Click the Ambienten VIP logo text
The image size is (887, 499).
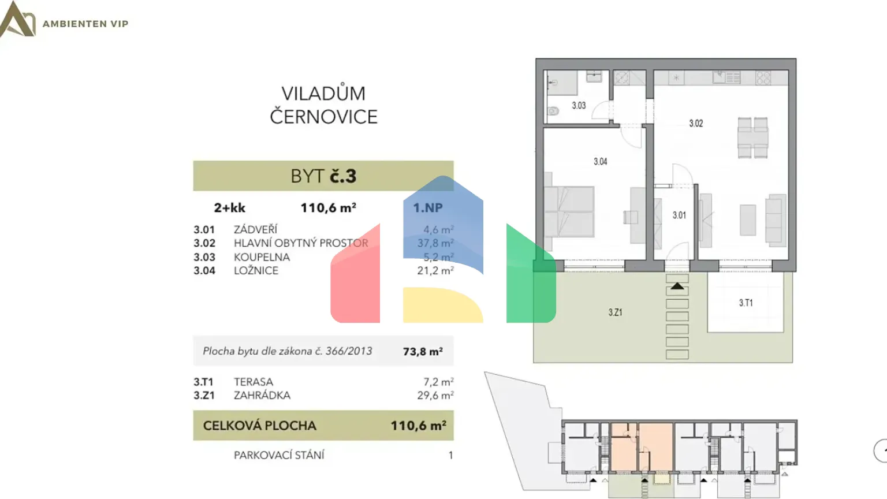click(85, 24)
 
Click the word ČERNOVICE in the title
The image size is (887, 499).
click(323, 117)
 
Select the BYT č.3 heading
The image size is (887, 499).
click(323, 176)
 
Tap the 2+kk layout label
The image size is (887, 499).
click(229, 208)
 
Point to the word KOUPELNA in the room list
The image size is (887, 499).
click(262, 257)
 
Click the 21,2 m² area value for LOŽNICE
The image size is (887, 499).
click(435, 270)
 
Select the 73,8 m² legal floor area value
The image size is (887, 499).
click(423, 352)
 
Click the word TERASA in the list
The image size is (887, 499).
click(254, 382)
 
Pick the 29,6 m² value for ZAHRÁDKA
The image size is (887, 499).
click(435, 396)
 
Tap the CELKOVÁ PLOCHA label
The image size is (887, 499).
click(259, 426)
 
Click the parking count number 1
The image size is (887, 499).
click(450, 455)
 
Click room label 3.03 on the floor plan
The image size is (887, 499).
click(579, 106)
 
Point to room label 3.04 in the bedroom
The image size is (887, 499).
click(601, 162)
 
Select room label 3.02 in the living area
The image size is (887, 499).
click(696, 124)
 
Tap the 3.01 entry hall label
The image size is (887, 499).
click(679, 215)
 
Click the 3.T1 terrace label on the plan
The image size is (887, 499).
click(746, 303)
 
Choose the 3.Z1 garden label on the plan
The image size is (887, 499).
click(615, 312)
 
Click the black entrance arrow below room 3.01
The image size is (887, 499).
click(677, 286)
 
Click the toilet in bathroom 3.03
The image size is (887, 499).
click(553, 111)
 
